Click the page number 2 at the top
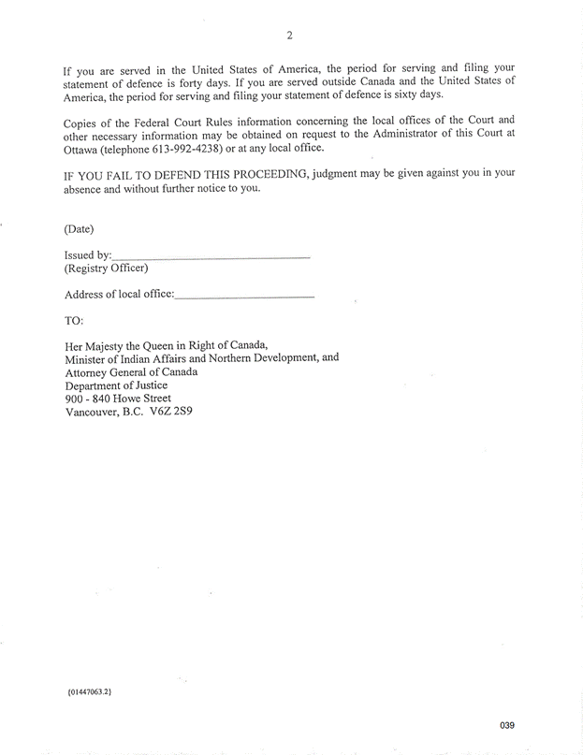[290, 36]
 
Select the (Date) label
[79, 228]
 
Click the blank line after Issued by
[211, 255]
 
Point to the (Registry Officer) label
[106, 269]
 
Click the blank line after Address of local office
[244, 296]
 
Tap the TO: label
[74, 321]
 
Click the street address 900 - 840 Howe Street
[118, 398]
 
